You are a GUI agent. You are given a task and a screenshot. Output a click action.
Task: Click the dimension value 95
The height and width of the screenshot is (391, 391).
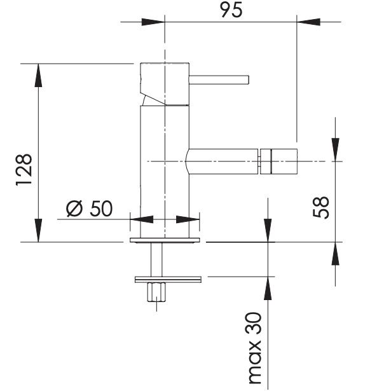point(231,10)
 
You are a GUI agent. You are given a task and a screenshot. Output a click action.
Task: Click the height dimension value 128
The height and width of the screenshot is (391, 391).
point(24,170)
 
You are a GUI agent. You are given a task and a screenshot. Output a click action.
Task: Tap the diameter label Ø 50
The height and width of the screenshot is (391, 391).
point(89,209)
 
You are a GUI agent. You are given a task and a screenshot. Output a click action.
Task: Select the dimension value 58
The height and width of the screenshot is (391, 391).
point(321,207)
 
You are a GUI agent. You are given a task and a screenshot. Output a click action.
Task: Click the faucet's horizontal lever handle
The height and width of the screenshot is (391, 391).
point(219,80)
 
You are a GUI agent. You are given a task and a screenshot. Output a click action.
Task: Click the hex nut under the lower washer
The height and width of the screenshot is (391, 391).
point(156,292)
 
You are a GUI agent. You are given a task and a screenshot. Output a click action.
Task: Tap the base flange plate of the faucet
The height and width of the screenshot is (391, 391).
point(165,240)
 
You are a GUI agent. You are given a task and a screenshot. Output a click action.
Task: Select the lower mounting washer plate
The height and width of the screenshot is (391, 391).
point(168,280)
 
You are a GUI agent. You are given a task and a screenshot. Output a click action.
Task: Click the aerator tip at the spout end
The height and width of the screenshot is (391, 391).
point(279,161)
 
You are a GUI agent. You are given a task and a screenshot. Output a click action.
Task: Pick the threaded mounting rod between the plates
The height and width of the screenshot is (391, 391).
point(156,259)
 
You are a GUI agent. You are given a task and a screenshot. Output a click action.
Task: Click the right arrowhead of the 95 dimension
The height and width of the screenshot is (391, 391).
point(308,22)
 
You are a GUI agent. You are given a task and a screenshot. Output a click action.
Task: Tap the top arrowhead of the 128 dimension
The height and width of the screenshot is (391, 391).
point(38,75)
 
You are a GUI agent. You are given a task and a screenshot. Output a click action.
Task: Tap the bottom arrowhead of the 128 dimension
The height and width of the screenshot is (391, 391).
point(38,230)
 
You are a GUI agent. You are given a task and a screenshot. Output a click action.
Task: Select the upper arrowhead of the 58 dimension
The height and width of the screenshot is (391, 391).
point(336,149)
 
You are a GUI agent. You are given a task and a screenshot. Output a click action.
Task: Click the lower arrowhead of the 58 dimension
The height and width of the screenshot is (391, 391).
point(336,254)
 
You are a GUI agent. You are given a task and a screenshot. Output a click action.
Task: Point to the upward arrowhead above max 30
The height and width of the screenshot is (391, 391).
point(268,288)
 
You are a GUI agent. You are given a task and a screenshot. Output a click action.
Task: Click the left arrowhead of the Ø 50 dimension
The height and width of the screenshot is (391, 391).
point(142,219)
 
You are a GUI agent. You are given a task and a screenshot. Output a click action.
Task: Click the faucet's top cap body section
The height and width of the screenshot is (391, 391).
point(165,84)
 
